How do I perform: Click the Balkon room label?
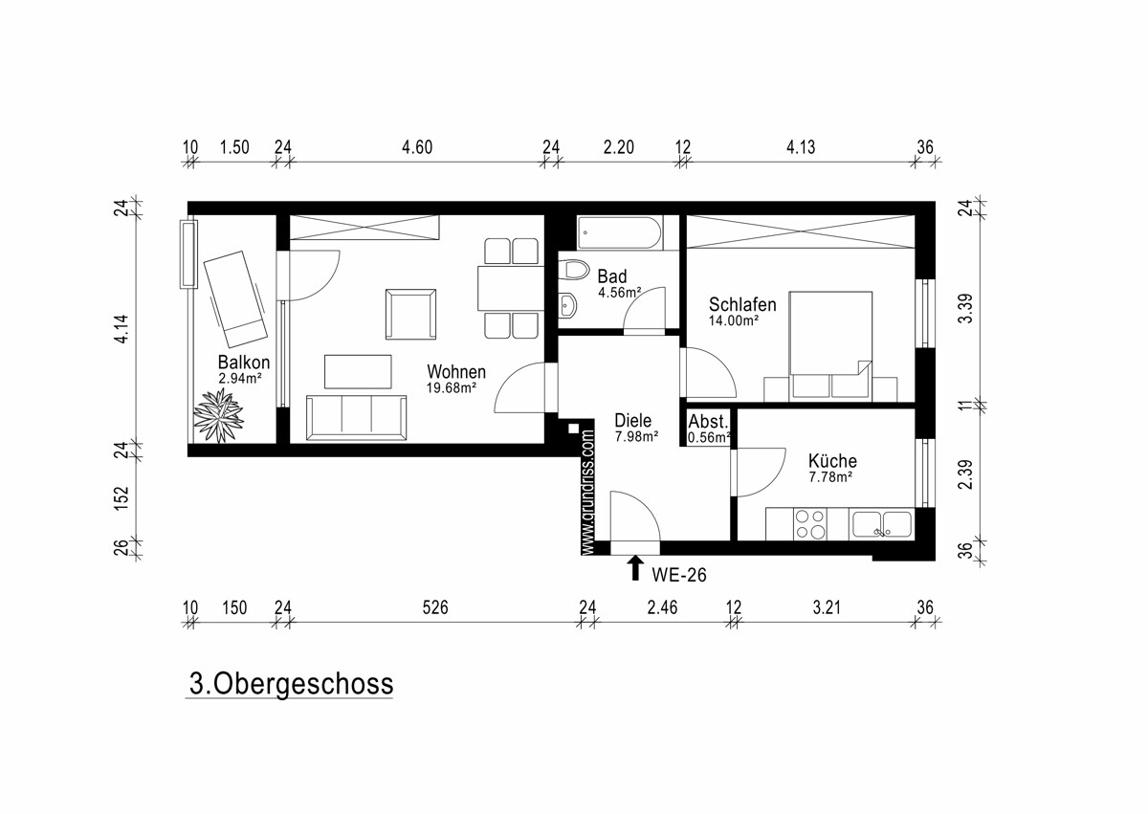[243, 363]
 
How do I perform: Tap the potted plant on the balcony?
[219, 415]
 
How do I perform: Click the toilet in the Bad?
[575, 270]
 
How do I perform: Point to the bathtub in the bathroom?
[620, 233]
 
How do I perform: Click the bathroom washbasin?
[568, 305]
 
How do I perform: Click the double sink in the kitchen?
[881, 524]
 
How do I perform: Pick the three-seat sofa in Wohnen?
[356, 417]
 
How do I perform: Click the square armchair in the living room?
[410, 314]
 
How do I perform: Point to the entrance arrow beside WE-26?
[635, 568]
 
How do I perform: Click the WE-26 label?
[679, 575]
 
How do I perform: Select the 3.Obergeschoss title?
[291, 683]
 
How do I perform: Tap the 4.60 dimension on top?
[417, 147]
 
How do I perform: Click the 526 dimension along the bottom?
[435, 607]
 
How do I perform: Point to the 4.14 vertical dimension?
[122, 329]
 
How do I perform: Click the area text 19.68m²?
[452, 387]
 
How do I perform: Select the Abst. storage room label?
[708, 422]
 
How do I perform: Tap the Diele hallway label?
[633, 421]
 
